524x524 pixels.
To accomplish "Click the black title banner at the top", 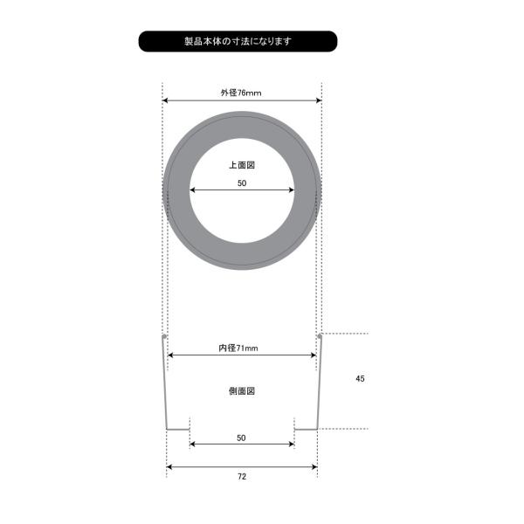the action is [238, 41].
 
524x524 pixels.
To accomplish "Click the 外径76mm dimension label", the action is [241, 93].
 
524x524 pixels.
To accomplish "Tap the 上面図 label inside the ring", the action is [242, 165].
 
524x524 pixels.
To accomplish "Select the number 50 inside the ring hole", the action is [242, 183].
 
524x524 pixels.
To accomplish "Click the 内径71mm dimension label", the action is [238, 348].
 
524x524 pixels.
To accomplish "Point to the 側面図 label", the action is [242, 391].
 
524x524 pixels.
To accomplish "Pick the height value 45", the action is [360, 379].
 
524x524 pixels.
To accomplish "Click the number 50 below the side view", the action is [241, 438].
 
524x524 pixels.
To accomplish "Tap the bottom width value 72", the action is [242, 477].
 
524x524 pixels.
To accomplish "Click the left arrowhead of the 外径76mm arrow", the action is [165, 100].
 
